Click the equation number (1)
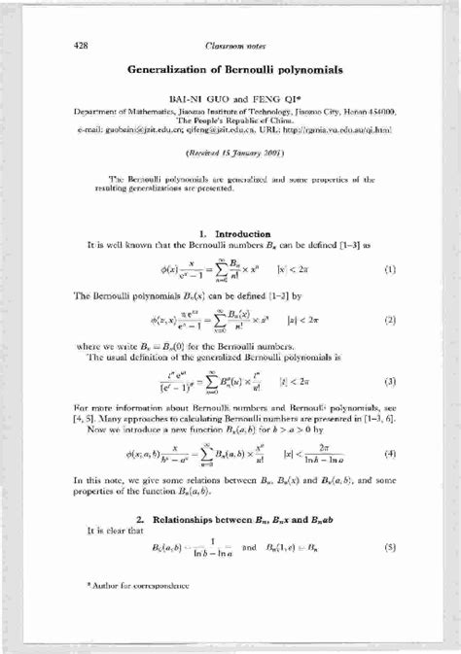tap(390, 267)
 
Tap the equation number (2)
tap(390, 320)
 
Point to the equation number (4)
tap(390, 453)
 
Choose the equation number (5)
tap(390, 547)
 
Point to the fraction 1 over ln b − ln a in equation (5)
tap(203, 547)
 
